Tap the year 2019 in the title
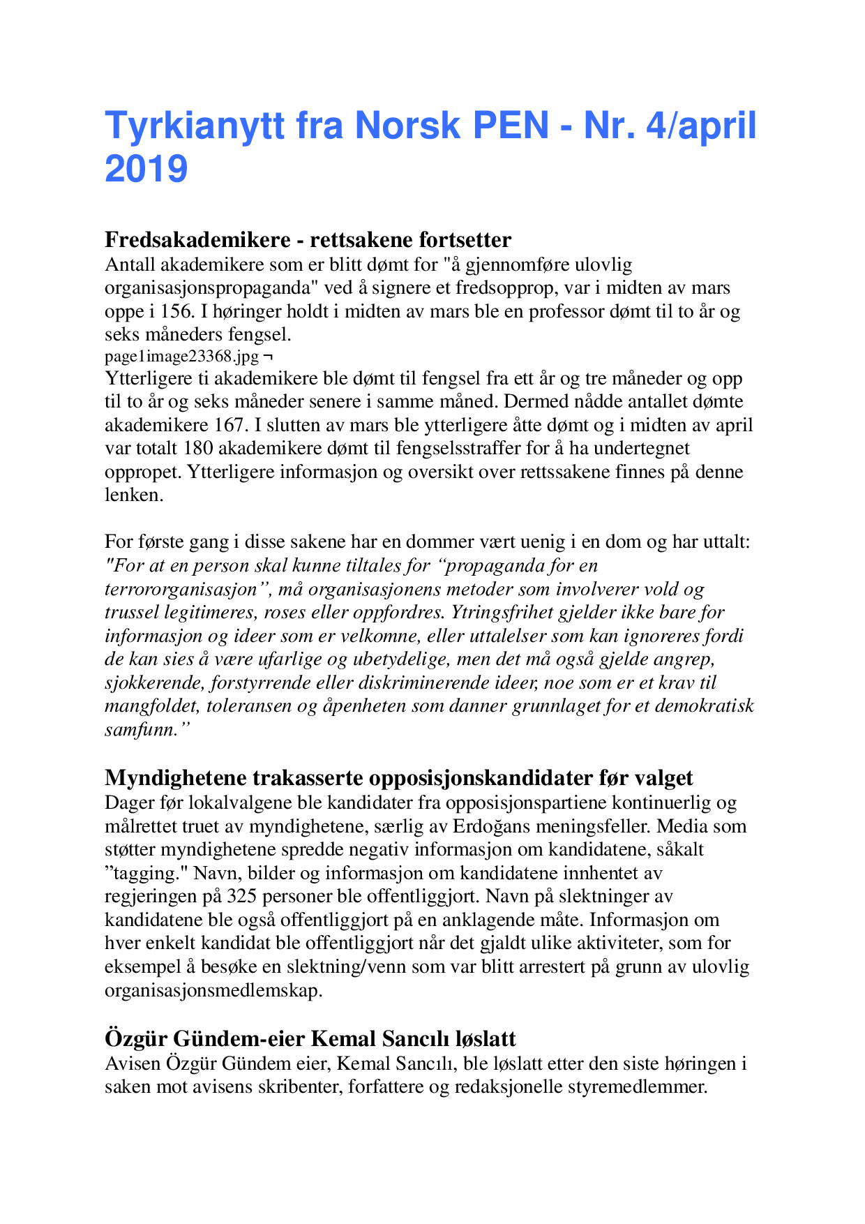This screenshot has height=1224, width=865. pos(146,169)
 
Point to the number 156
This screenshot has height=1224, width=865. pos(174,311)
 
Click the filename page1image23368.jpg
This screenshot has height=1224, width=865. pos(181,357)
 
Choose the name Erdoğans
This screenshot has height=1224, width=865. pos(495,827)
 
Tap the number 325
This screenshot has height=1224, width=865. pos(242,897)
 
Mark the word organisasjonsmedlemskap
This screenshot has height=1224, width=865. pos(212,991)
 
